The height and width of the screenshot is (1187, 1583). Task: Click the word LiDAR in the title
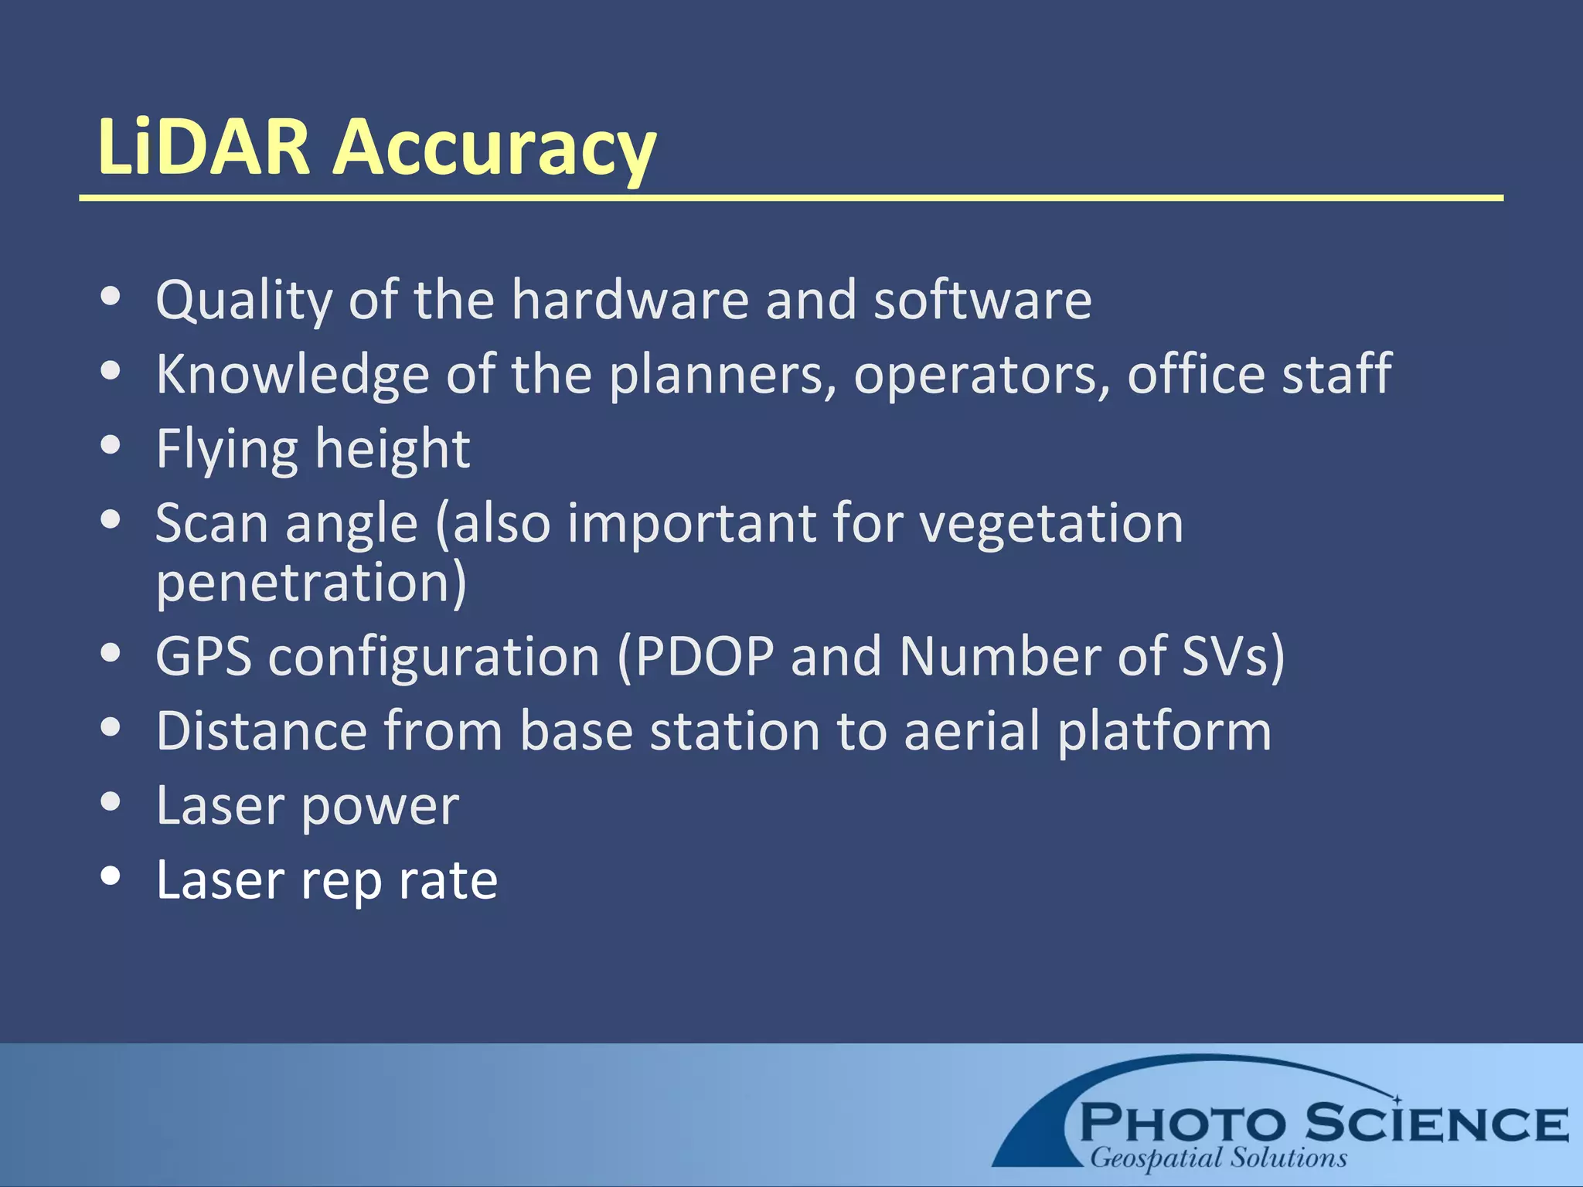(203, 147)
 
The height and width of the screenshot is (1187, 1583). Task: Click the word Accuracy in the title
(495, 148)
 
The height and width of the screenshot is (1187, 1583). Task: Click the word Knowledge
(292, 375)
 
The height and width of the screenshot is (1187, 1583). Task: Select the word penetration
(311, 583)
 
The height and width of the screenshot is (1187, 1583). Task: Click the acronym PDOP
(704, 657)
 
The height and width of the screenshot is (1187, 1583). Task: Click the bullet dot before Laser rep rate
(111, 876)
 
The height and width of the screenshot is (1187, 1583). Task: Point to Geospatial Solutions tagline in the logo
(1218, 1158)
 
